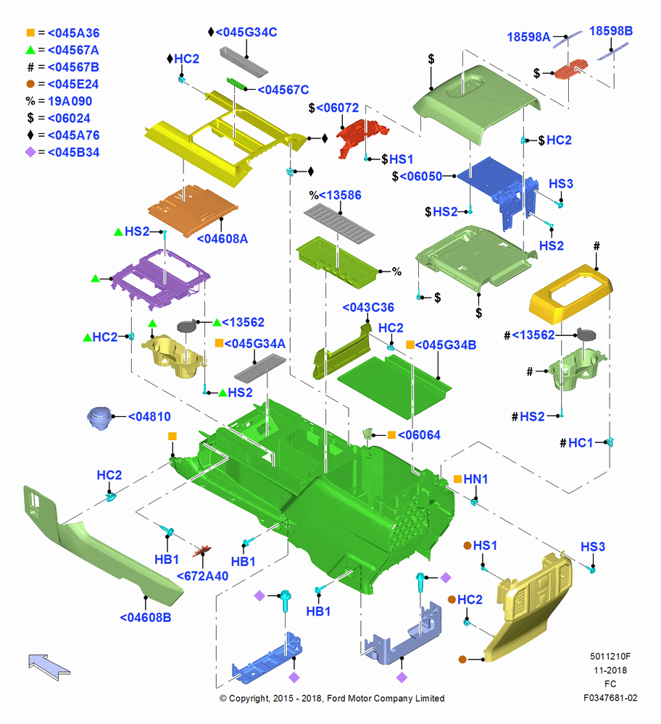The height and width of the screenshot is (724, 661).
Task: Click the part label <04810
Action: tap(149, 416)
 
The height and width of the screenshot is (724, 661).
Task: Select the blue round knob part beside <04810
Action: tap(99, 418)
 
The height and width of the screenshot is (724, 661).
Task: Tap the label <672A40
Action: tap(202, 576)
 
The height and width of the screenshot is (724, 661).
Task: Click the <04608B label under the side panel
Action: tap(145, 618)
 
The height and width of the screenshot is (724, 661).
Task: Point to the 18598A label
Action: tap(529, 37)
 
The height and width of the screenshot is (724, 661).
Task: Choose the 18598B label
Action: tap(611, 31)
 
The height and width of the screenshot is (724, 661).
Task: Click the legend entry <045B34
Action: tap(73, 152)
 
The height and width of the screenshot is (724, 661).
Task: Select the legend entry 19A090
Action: tap(70, 101)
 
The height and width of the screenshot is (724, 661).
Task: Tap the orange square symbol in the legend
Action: tap(30, 33)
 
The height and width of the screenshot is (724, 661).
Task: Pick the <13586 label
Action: tap(340, 195)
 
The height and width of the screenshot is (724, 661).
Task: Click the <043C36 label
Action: tap(368, 308)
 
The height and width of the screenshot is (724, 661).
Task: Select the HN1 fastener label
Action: tap(475, 479)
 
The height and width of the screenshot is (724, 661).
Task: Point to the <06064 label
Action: tap(419, 435)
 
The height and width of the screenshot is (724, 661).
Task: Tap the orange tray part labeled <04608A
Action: tap(193, 211)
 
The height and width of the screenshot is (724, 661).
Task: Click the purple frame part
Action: tap(160, 279)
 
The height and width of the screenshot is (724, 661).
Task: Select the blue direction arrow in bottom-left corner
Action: tap(49, 667)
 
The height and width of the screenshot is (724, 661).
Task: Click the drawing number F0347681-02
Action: tap(610, 698)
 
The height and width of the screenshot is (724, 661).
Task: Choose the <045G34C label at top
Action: tap(246, 33)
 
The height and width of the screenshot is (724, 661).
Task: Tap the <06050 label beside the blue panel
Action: tap(420, 177)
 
